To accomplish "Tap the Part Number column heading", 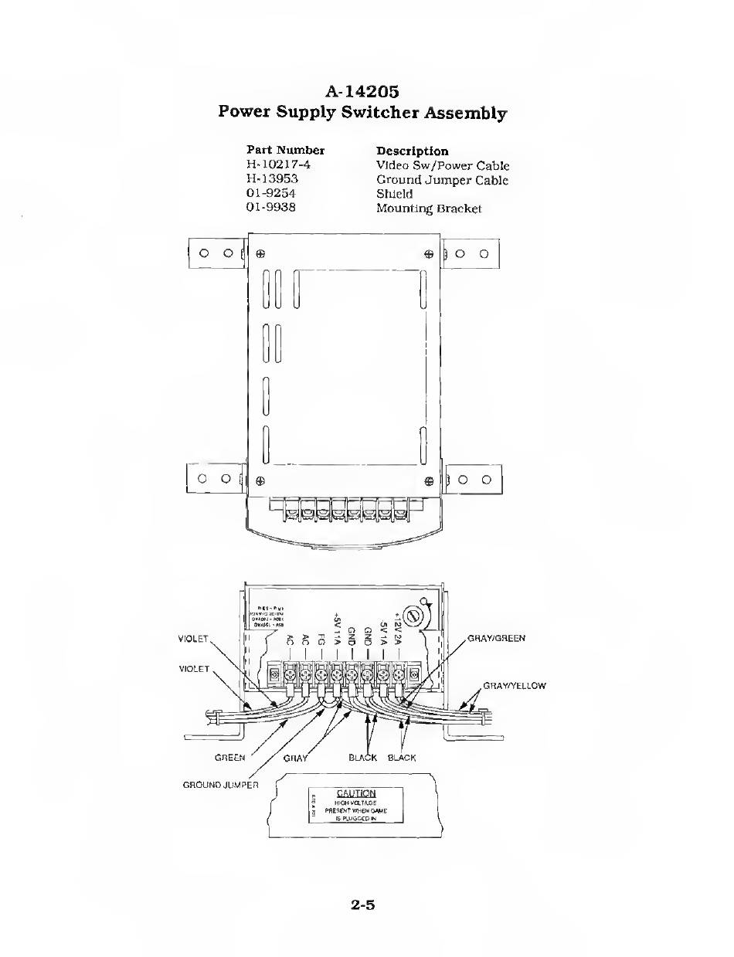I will coord(285,151).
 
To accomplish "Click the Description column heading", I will coord(412,151).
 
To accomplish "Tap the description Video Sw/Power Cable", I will coord(442,165).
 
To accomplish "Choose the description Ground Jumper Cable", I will coord(442,179).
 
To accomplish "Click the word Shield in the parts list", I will coord(394,193).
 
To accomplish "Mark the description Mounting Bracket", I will coord(429,208).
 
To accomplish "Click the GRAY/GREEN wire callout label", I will coord(497,638).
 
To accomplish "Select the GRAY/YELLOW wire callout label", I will coord(515,685).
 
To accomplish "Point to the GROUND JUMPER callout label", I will coord(219,785).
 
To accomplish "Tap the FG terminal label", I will coord(321,640).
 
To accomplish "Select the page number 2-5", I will coord(362,904).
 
